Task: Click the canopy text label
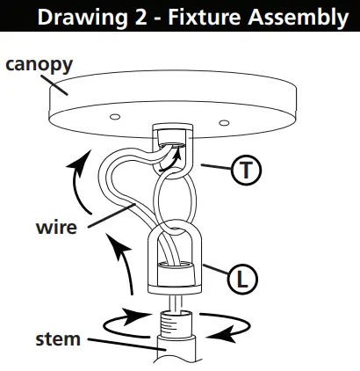[x=39, y=64]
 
